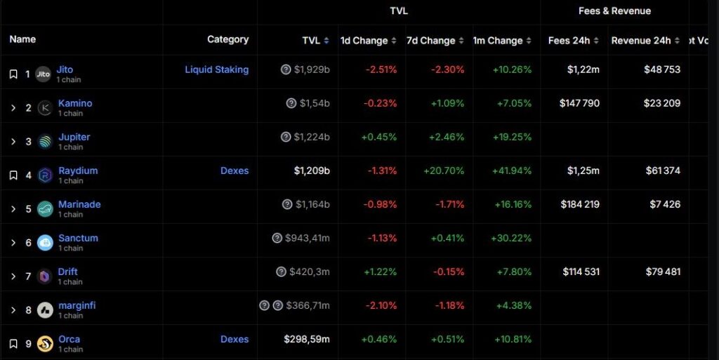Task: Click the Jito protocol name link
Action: click(65, 69)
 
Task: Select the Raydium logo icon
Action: click(45, 175)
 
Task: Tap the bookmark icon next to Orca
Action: click(13, 344)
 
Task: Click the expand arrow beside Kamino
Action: click(13, 108)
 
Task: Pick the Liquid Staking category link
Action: click(217, 69)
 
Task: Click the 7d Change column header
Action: click(431, 41)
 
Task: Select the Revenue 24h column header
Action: click(641, 41)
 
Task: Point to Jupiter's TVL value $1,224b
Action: click(312, 137)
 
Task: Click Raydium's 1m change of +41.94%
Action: click(512, 171)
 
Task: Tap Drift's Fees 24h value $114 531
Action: click(581, 272)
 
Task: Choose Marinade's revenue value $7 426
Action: click(665, 204)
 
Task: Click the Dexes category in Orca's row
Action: click(235, 340)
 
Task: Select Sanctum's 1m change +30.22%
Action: click(511, 238)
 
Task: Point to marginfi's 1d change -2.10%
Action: click(381, 305)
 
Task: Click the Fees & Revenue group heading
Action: click(614, 11)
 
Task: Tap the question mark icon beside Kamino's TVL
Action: click(291, 104)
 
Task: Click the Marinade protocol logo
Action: click(45, 209)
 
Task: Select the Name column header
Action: click(22, 39)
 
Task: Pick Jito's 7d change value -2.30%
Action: click(447, 69)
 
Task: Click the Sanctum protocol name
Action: click(78, 238)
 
